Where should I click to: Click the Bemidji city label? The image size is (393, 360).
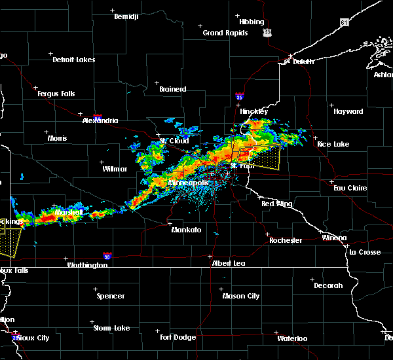[x=126, y=16]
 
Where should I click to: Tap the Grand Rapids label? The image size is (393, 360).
[x=225, y=33]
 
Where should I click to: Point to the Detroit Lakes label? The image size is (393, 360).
[x=73, y=60]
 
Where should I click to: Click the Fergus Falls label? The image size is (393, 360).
[x=56, y=94]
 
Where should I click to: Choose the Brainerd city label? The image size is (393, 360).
[x=172, y=89]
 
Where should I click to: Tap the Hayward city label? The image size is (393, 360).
[x=348, y=111]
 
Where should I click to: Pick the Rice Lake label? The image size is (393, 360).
[x=333, y=144]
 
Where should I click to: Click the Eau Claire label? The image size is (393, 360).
[x=348, y=188]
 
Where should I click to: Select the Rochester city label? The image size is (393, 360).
[x=286, y=240]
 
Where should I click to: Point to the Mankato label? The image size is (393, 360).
[x=186, y=230]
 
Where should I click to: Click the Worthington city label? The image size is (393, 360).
[x=87, y=265]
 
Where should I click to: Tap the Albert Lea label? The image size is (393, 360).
[x=228, y=263]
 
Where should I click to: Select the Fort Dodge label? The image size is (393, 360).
[x=178, y=337]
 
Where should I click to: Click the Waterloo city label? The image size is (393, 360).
[x=291, y=338]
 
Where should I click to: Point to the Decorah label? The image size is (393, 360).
[x=327, y=285]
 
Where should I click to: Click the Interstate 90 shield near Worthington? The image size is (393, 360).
[x=106, y=257]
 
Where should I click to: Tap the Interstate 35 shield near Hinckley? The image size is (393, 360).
[x=240, y=96]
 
